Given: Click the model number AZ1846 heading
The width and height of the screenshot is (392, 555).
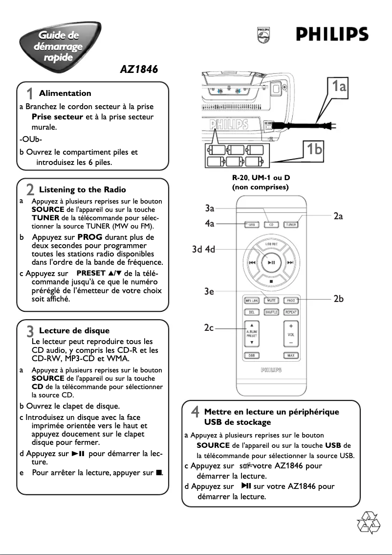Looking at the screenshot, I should click(139, 69).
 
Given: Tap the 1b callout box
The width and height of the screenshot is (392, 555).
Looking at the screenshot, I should click(313, 148).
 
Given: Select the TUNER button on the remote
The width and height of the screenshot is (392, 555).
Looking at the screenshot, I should click(291, 225).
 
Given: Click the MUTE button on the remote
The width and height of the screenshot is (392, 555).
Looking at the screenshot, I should click(271, 301).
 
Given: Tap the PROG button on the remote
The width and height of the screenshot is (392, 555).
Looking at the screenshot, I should click(291, 301).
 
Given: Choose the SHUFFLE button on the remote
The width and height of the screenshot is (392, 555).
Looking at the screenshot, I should click(271, 312).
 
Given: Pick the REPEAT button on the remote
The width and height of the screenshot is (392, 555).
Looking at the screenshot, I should click(291, 312).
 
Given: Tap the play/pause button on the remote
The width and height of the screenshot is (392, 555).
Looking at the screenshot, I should click(271, 262).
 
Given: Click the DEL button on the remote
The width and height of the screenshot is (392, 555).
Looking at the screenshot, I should click(251, 312).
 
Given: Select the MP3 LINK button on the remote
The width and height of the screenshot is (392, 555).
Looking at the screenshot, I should click(251, 301).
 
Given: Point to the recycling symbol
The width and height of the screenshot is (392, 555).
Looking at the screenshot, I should click(369, 522).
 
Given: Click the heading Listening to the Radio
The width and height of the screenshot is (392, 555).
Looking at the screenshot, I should click(82, 190).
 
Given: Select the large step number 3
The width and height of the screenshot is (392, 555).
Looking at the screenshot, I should click(30, 331).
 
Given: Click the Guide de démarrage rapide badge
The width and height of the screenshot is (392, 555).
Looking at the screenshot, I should click(59, 46).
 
